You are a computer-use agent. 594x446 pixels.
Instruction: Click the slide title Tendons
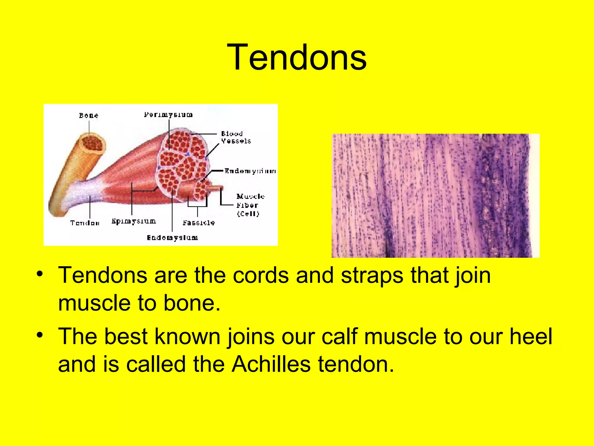(x=297, y=57)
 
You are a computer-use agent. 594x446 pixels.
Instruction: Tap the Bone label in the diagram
(x=88, y=116)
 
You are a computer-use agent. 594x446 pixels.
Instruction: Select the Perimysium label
(x=168, y=115)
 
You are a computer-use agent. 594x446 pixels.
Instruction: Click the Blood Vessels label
(x=236, y=137)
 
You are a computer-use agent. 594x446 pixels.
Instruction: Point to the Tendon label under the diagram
(x=85, y=223)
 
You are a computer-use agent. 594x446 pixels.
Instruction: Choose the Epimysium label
(x=134, y=222)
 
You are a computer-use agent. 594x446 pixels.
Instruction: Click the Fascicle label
(x=199, y=223)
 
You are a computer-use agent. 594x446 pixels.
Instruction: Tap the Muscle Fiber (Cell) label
(x=250, y=205)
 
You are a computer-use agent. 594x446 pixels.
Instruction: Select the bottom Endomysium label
(x=172, y=238)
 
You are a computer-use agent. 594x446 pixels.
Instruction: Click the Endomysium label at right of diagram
(x=250, y=171)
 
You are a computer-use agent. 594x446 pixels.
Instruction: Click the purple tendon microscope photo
(x=435, y=195)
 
